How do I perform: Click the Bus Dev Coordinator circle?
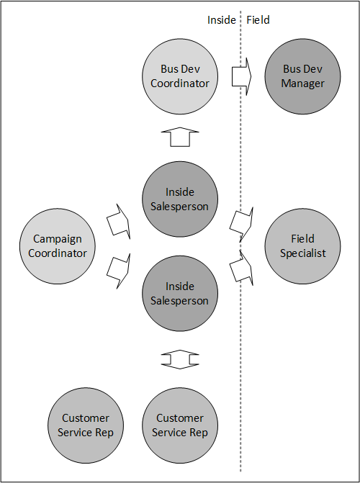coord(180,76)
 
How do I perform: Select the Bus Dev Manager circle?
coord(302,76)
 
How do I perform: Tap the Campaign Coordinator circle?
coord(58,246)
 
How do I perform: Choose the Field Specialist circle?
coord(302,246)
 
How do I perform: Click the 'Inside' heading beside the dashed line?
coord(221,20)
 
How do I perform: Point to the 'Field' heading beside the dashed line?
coord(258,20)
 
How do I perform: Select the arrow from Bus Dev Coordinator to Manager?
coord(242,76)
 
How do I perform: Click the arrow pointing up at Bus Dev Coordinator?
coord(180,137)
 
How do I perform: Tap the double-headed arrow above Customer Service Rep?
coord(180,359)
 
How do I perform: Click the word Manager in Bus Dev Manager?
coord(302,83)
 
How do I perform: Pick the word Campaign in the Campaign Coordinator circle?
coord(58,240)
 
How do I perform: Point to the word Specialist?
coord(302,253)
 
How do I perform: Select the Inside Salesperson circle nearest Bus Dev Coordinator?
coord(180,199)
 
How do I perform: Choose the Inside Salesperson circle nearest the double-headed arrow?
coord(180,293)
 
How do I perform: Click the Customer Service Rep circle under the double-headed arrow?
coord(180,425)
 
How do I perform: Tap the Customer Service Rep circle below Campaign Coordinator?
coord(86,425)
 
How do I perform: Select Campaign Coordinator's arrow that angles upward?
coord(119,222)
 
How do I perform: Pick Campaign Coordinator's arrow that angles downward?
coord(119,271)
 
